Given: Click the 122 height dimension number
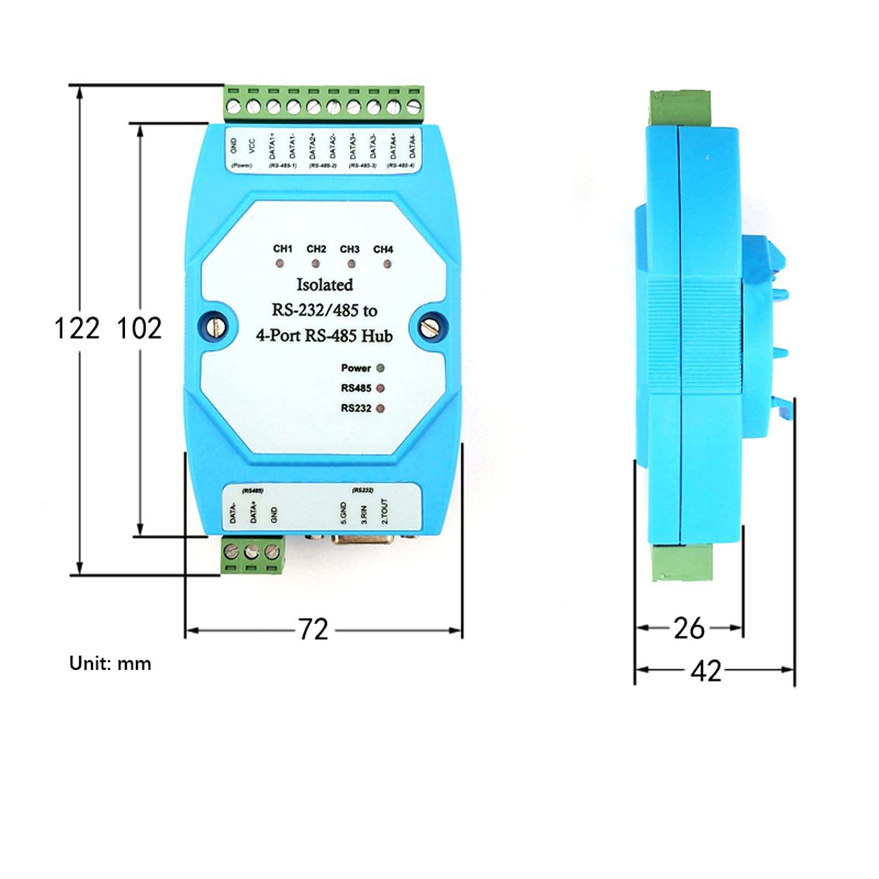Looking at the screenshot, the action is point(77,329).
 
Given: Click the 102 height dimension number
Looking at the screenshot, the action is point(139,329).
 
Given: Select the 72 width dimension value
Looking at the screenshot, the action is point(313,629).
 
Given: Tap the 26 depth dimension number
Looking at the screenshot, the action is point(689,628).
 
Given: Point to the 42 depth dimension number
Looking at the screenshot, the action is point(706,670).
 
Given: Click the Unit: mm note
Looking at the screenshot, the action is point(110,664).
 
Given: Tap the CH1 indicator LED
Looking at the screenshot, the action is point(281,264).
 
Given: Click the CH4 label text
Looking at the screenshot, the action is point(383,250).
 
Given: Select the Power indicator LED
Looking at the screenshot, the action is point(379,368).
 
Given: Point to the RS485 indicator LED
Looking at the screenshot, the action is point(379,389).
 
